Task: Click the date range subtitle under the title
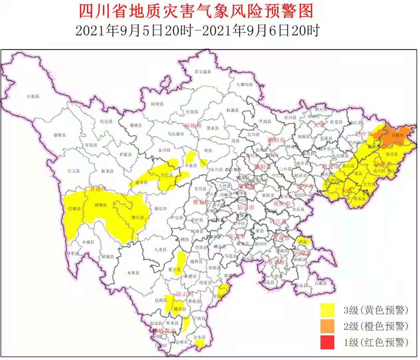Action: tap(197, 31)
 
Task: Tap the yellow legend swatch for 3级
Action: tap(327, 310)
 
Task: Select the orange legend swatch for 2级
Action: tap(327, 326)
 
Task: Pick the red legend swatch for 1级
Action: tap(327, 342)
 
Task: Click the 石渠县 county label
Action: tap(33, 96)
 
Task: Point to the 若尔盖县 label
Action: tap(203, 72)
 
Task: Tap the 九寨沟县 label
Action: tap(244, 85)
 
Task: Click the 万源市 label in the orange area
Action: tap(397, 135)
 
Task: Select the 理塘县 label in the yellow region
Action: tap(101, 205)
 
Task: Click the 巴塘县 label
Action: tap(74, 209)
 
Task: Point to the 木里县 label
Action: tap(133, 273)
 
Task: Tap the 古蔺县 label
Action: tap(321, 283)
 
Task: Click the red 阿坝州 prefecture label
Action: tap(193, 126)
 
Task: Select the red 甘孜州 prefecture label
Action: tap(98, 189)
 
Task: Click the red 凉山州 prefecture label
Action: tap(184, 294)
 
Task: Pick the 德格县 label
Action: tap(60, 135)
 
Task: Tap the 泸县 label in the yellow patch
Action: tap(303, 242)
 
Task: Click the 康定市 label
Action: tap(160, 209)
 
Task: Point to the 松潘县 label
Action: tap(232, 110)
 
